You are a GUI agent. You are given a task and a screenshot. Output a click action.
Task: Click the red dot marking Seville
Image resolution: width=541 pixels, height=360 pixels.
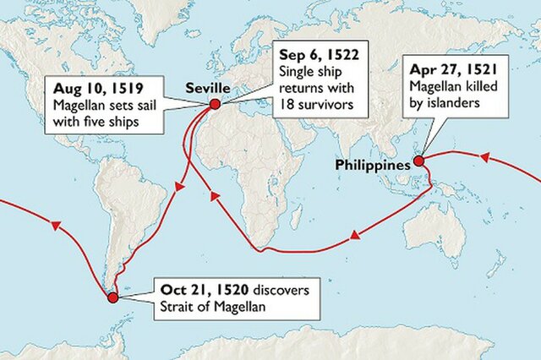[214, 103]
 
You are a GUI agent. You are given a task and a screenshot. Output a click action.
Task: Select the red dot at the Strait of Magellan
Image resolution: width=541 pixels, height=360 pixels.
[111, 297]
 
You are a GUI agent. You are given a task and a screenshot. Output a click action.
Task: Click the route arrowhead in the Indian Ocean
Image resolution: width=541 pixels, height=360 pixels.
[346, 243]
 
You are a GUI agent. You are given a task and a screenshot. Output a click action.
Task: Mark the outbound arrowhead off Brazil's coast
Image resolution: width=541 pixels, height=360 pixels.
[177, 195]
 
